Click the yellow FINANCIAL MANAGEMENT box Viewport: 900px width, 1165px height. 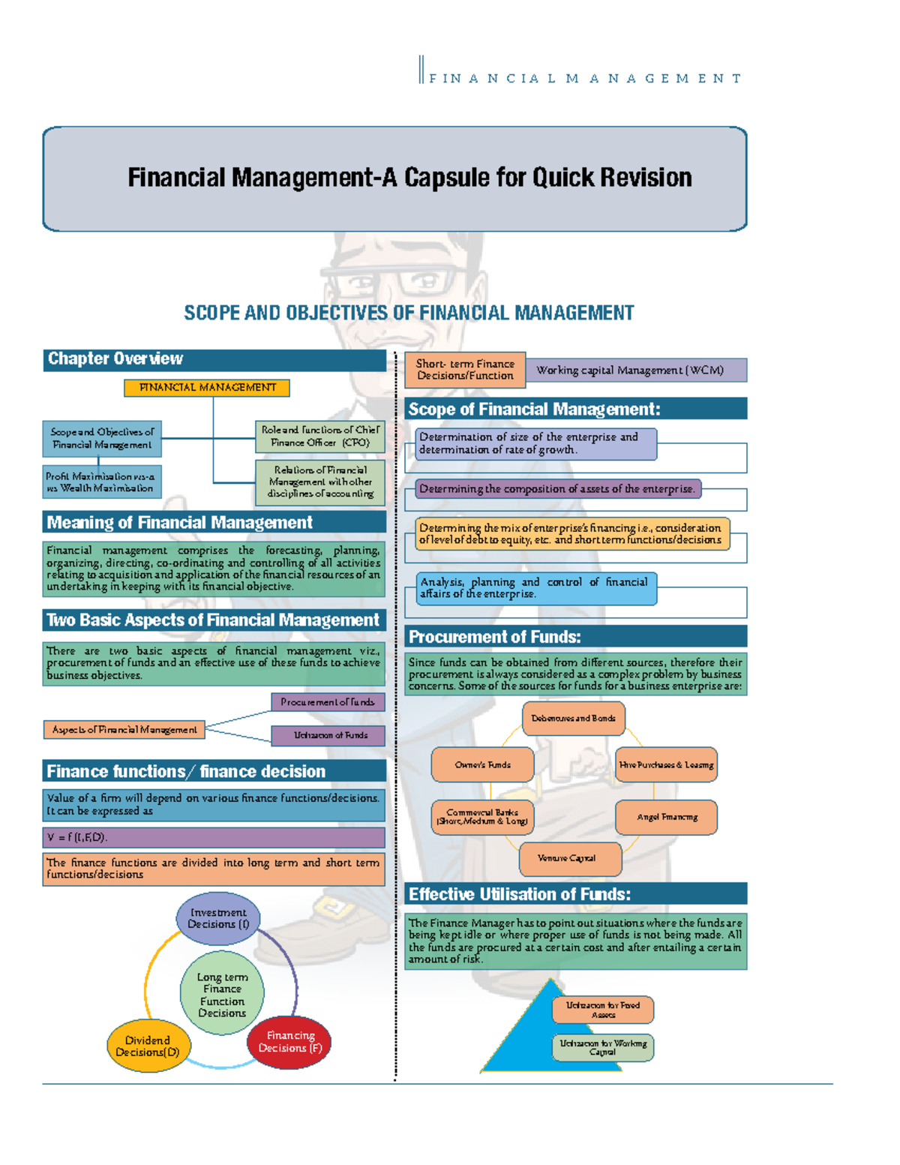pyautogui.click(x=207, y=388)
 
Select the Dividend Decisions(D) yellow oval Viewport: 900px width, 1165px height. pyautogui.click(x=148, y=1046)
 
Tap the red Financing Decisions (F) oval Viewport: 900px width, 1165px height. pyautogui.click(x=289, y=1042)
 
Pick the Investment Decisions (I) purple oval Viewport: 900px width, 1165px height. pyautogui.click(x=218, y=918)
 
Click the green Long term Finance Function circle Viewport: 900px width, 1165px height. pyautogui.click(x=222, y=995)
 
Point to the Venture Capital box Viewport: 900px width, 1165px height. pyautogui.click(x=570, y=858)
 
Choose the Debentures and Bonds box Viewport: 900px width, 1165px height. pyautogui.click(x=573, y=718)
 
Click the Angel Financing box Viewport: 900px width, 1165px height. pyautogui.click(x=666, y=817)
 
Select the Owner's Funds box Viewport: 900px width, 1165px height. pyautogui.click(x=482, y=764)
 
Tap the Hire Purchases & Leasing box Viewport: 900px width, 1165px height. pyautogui.click(x=666, y=764)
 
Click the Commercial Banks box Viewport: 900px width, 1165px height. pyautogui.click(x=482, y=817)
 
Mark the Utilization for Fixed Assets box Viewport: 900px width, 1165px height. pyautogui.click(x=603, y=1010)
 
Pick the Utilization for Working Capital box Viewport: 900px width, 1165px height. pyautogui.click(x=603, y=1047)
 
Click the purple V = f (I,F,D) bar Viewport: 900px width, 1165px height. pyautogui.click(x=214, y=837)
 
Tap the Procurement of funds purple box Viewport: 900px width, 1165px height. pyautogui.click(x=328, y=702)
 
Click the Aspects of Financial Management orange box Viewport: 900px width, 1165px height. pyautogui.click(x=124, y=729)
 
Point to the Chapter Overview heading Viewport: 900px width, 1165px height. pyautogui.click(x=115, y=359)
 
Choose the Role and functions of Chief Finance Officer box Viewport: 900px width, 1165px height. pyautogui.click(x=320, y=436)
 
